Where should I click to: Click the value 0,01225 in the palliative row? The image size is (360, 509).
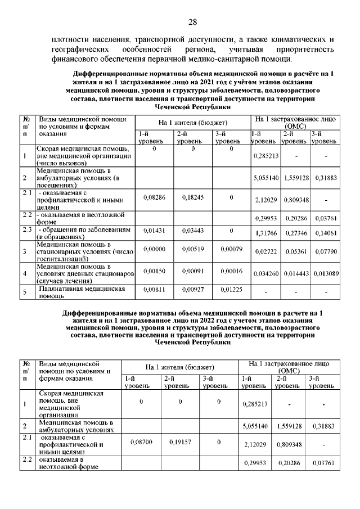pos(231,289)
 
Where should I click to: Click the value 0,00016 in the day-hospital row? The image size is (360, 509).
pos(231,271)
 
